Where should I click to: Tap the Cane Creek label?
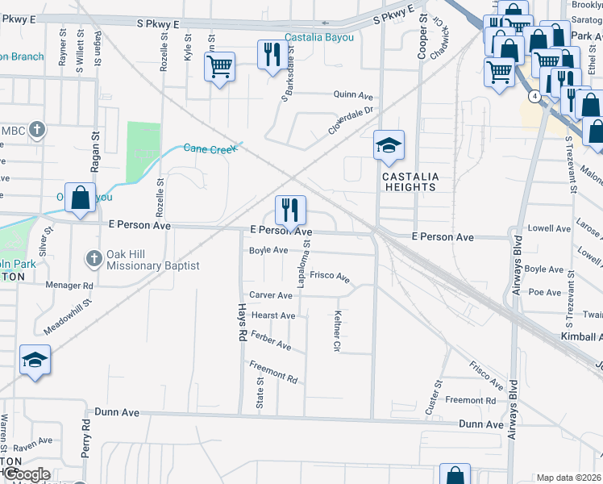point(213,148)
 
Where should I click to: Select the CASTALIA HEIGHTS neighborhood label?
point(409,181)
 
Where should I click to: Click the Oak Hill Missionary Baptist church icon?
point(94,258)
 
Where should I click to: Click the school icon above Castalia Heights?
point(389,146)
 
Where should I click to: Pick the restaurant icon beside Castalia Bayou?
point(269,54)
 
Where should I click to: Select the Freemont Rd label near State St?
point(273,373)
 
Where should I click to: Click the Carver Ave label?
point(271,296)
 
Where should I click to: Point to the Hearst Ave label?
point(273,315)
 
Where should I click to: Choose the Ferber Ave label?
point(271,340)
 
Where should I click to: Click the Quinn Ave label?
point(351,94)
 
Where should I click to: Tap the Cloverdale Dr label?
point(351,122)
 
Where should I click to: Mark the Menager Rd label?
point(70,286)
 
